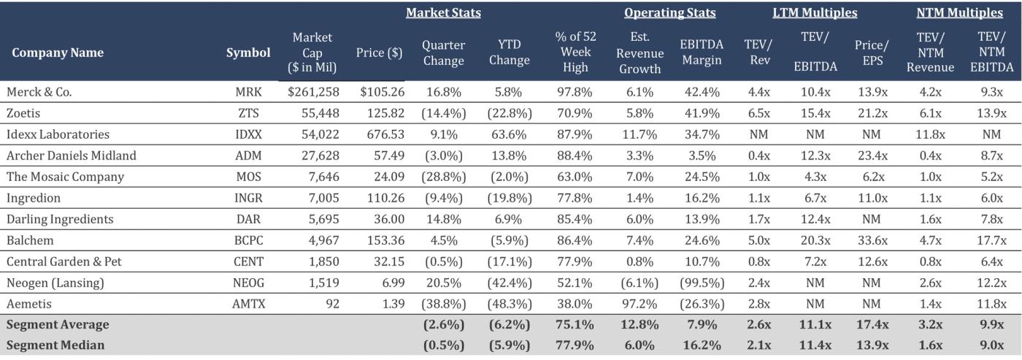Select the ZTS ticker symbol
tap(248, 113)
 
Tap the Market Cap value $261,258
tap(315, 92)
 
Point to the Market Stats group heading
tap(443, 13)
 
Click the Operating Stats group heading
tap(669, 13)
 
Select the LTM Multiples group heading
tap(815, 13)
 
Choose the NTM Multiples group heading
tap(959, 13)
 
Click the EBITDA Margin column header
tap(701, 52)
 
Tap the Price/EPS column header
tap(872, 52)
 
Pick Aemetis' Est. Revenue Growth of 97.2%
tap(639, 303)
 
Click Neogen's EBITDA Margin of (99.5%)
tap(701, 282)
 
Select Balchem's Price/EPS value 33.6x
tap(872, 240)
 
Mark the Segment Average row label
tap(58, 324)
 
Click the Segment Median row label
tap(55, 345)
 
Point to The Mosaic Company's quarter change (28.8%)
tap(443, 177)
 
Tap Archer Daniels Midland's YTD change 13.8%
tap(509, 156)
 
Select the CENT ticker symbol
tap(248, 261)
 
